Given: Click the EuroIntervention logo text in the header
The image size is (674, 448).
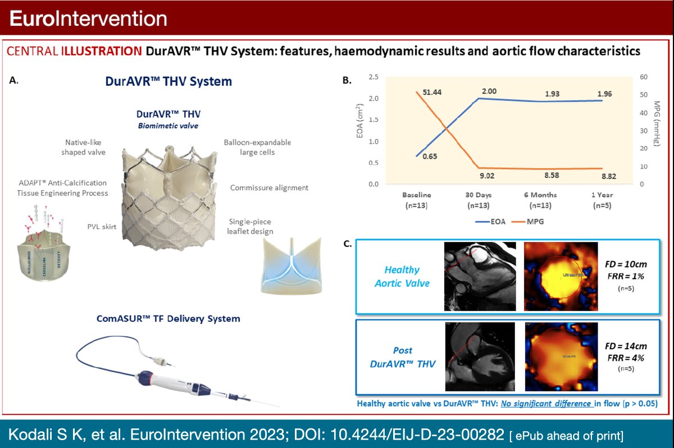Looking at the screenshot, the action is point(89,19).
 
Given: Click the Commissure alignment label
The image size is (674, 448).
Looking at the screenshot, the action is point(269,188).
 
